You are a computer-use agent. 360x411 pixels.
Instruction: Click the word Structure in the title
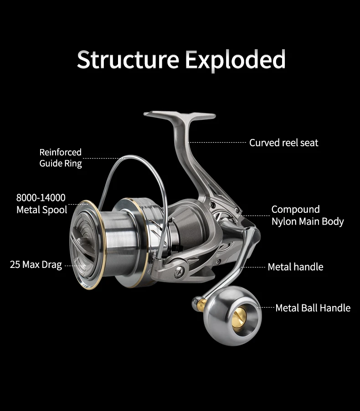coord(128,59)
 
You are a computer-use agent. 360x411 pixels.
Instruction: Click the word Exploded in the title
coord(235,60)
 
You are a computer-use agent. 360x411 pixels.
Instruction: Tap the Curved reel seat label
coord(284,143)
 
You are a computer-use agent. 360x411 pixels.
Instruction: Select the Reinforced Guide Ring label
coord(61,158)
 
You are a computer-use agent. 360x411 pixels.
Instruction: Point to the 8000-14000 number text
coord(41,198)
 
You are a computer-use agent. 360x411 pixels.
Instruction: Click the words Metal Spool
coord(42,210)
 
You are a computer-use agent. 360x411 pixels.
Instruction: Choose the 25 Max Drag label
coord(36,265)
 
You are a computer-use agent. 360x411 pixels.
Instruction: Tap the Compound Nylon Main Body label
coord(308,216)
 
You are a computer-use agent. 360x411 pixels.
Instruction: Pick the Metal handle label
coord(295,267)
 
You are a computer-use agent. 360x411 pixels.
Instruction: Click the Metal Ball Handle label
coord(313,308)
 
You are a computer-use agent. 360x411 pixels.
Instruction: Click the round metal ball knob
coord(232,316)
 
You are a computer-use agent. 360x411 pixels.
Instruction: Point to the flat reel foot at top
coord(180,115)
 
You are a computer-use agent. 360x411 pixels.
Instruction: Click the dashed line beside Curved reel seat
coord(217,142)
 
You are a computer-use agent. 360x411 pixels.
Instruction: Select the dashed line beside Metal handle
coord(253,267)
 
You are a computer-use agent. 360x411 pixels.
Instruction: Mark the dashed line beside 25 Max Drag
coord(75,266)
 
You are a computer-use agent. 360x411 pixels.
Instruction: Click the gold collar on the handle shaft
coord(201,304)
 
